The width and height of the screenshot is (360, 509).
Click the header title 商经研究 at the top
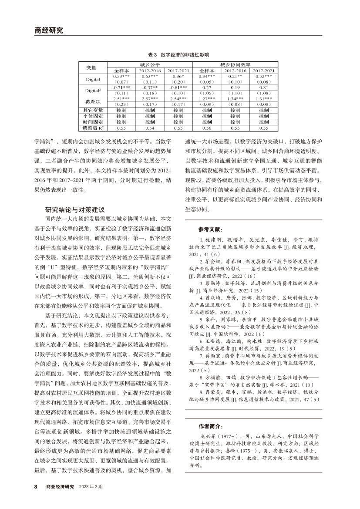tap(48, 30)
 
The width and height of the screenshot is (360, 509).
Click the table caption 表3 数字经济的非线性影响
tap(178, 55)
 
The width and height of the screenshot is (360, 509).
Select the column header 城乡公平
tap(150, 64)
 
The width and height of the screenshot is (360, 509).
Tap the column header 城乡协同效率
tap(235, 64)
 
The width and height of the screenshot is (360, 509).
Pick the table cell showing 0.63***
tap(150, 76)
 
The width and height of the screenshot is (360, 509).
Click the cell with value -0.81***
tap(178, 87)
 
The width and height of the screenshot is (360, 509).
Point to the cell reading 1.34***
tap(235, 99)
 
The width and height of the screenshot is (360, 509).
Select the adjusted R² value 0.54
tap(150, 128)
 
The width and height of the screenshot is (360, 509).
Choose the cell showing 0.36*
tap(178, 76)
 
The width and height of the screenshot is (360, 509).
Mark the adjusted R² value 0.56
tap(207, 128)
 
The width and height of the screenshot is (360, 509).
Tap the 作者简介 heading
tap(210, 426)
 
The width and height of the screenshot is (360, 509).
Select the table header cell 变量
tap(91, 67)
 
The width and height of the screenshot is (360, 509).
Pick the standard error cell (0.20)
tap(178, 81)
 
